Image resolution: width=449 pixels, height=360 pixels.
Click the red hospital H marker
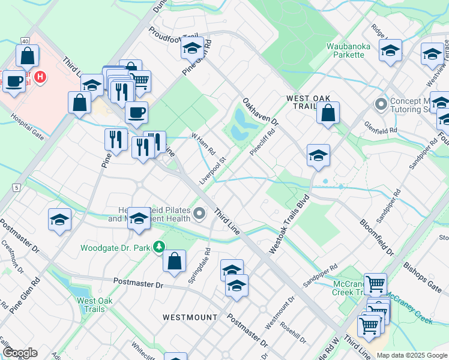click(40, 77)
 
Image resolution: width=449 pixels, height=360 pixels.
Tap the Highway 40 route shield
click(25, 41)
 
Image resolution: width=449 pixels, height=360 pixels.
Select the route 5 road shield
click(16, 188)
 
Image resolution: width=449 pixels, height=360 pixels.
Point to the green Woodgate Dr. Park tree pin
click(158, 247)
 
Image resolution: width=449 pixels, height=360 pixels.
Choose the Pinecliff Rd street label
click(262, 142)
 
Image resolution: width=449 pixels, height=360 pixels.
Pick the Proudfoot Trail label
click(172, 38)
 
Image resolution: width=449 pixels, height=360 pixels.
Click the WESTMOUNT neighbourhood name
click(190, 316)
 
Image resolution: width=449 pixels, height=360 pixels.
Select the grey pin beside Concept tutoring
click(380, 104)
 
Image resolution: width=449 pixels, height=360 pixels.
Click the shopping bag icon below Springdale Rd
click(174, 262)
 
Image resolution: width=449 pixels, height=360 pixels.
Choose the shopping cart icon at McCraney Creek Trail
click(375, 284)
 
